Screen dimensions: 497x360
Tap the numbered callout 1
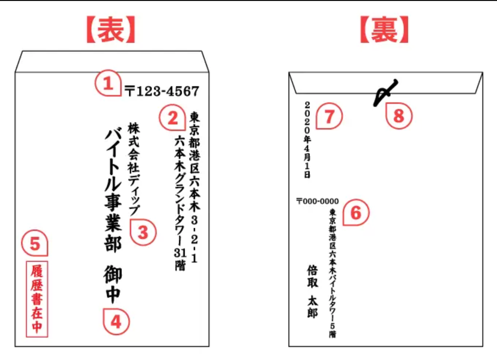pyautogui.click(x=108, y=83)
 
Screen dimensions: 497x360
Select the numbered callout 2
pyautogui.click(x=172, y=118)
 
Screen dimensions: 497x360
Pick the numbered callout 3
pyautogui.click(x=143, y=233)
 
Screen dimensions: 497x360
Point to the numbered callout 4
pyautogui.click(x=116, y=322)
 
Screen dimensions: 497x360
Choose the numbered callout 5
pyautogui.click(x=35, y=243)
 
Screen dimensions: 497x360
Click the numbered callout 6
pyautogui.click(x=356, y=212)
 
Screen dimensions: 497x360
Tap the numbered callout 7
pyautogui.click(x=330, y=116)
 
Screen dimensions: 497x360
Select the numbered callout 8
pyautogui.click(x=399, y=116)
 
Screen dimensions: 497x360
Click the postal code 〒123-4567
pyautogui.click(x=162, y=91)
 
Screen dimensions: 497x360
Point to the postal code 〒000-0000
pyautogui.click(x=317, y=201)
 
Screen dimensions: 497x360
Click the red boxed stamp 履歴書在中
pyautogui.click(x=37, y=299)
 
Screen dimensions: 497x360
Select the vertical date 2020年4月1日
pyautogui.click(x=307, y=140)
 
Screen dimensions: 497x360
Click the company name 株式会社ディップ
pyautogui.click(x=134, y=169)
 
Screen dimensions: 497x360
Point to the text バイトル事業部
pyautogui.click(x=113, y=191)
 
